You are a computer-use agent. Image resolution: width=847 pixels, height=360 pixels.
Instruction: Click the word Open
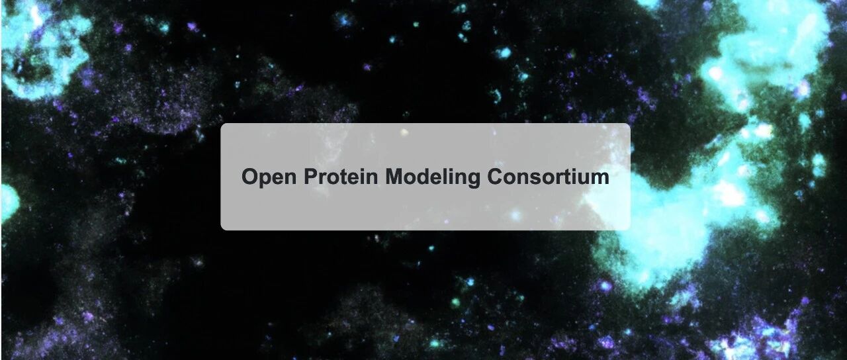(269, 177)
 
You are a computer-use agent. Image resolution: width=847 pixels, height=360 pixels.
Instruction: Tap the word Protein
(341, 176)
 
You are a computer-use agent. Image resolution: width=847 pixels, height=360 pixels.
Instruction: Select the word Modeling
(433, 177)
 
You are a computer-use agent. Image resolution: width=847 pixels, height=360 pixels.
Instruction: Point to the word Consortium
(549, 176)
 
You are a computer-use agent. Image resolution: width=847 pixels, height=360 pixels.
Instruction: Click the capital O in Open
(249, 177)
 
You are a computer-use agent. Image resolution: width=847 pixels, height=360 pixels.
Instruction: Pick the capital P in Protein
(310, 177)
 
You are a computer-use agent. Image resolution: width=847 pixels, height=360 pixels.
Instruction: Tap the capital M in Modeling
(394, 177)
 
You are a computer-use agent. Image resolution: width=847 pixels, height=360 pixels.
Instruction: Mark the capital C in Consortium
(495, 177)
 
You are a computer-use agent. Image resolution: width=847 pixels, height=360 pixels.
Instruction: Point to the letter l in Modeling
(448, 177)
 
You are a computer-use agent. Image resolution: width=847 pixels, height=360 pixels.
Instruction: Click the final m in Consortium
(600, 179)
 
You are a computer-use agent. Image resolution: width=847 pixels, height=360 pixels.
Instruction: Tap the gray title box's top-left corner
(221, 123)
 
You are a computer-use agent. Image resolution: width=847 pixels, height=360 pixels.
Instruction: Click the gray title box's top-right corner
(631, 123)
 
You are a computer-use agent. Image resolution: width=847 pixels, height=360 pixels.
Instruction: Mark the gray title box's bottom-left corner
(221, 230)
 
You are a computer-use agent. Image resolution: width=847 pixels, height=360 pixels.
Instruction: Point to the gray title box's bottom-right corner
(631, 230)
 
